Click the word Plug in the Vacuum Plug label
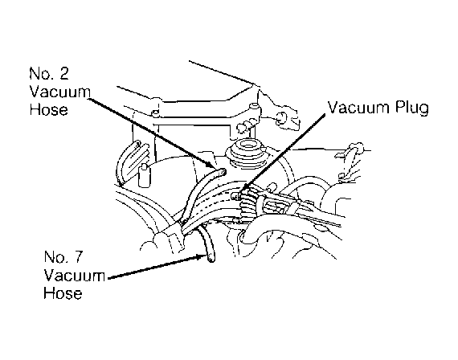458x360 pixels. pyautogui.click(x=412, y=108)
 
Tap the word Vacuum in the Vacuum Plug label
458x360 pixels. pyautogui.click(x=358, y=107)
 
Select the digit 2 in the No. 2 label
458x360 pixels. pyautogui.click(x=63, y=73)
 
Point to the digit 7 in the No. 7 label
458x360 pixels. pyautogui.click(x=77, y=257)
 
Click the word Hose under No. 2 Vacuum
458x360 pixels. pyautogui.click(x=49, y=109)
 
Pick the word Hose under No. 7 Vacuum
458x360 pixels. pyautogui.click(x=63, y=292)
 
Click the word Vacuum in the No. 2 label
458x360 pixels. pyautogui.click(x=60, y=92)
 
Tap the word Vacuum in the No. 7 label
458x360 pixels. pyautogui.click(x=75, y=276)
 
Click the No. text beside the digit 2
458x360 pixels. pyautogui.click(x=41, y=73)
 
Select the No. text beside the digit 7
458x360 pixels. pyautogui.click(x=55, y=257)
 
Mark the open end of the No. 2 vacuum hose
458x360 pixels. pyautogui.click(x=223, y=172)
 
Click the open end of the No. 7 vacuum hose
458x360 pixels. pyautogui.click(x=211, y=259)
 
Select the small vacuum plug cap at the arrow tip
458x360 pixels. pyautogui.click(x=236, y=195)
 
